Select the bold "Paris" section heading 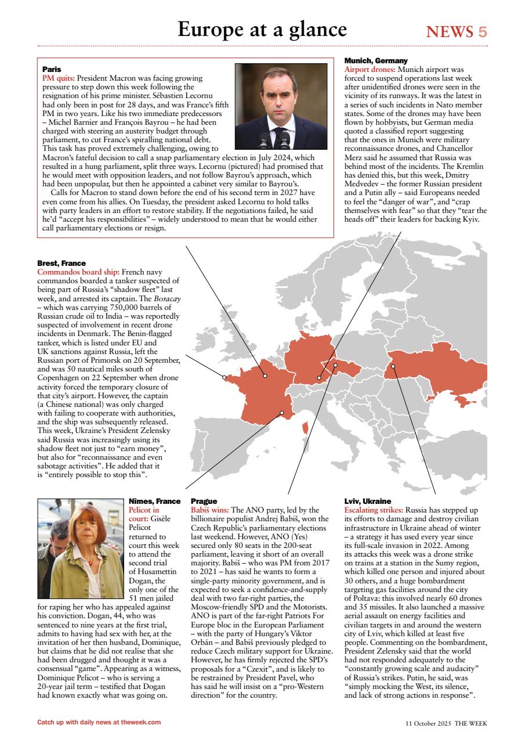tap(52, 69)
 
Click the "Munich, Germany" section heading tap(376, 60)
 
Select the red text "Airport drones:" tap(370, 69)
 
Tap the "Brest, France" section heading tap(61, 264)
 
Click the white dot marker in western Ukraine tap(393, 366)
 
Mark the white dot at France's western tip tap(225, 377)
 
